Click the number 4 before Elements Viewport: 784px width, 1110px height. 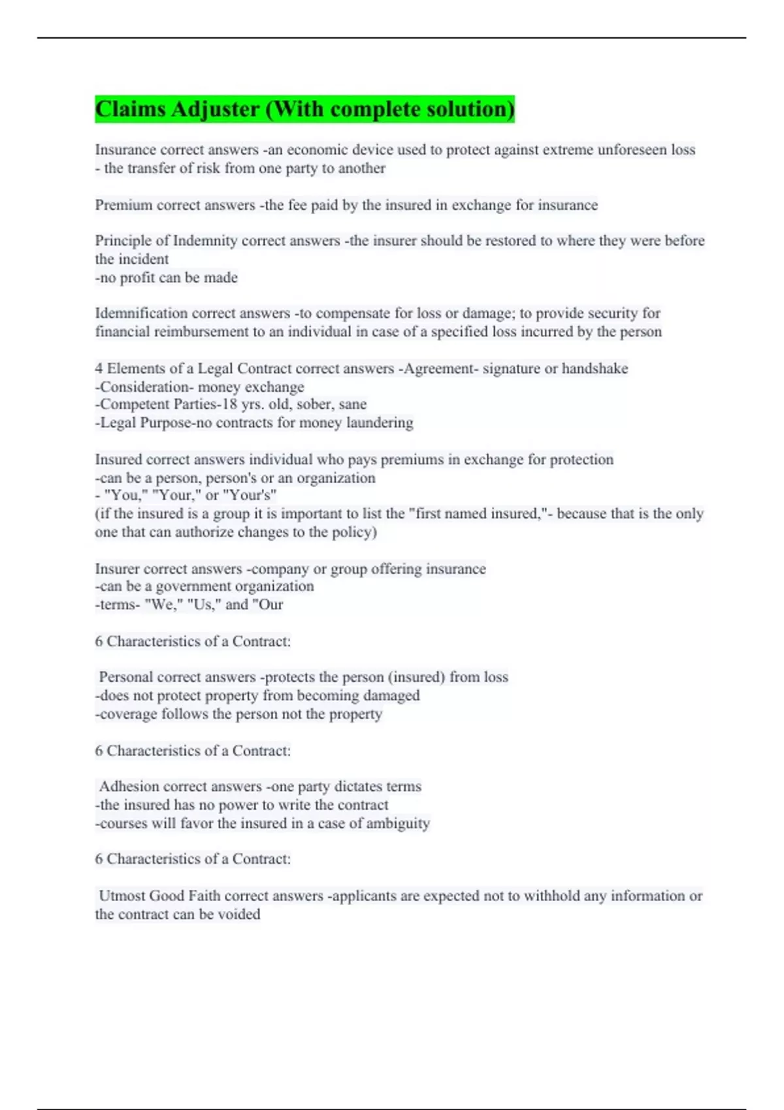(99, 368)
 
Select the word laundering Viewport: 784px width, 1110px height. (380, 422)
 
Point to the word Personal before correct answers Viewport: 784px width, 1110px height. (126, 677)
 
